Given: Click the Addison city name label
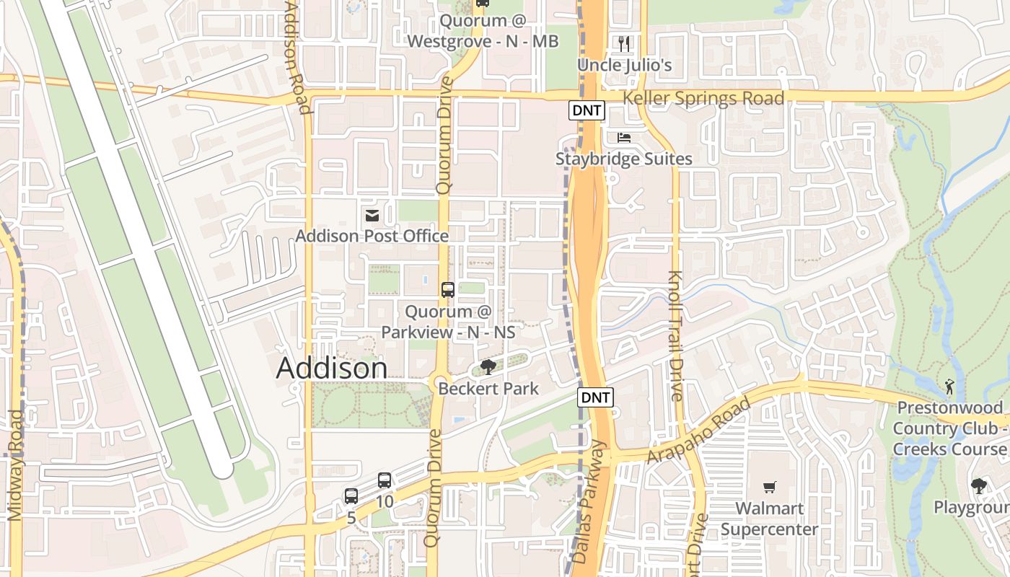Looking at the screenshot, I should (332, 369).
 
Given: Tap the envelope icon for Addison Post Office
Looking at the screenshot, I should (372, 215).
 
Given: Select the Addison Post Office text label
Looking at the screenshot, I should (372, 236).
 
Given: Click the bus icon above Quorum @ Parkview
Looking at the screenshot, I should (448, 290).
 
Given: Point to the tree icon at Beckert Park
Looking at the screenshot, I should (488, 367).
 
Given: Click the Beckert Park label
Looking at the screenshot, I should (488, 389).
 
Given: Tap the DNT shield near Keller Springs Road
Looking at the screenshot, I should (587, 110).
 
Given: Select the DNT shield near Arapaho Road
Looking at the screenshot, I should (596, 397).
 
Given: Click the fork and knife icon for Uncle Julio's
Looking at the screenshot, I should (625, 44).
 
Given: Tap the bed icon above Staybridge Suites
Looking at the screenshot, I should (624, 138).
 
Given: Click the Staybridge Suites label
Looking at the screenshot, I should (624, 159).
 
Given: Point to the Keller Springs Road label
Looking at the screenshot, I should (703, 99).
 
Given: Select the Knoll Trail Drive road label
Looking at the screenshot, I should (675, 335).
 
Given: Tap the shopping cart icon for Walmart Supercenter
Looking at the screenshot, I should (770, 488).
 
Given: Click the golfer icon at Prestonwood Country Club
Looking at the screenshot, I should (949, 387).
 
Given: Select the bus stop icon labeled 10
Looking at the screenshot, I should (385, 480).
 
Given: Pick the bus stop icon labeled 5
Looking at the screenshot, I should (351, 496).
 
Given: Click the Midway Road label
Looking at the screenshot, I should (15, 465).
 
